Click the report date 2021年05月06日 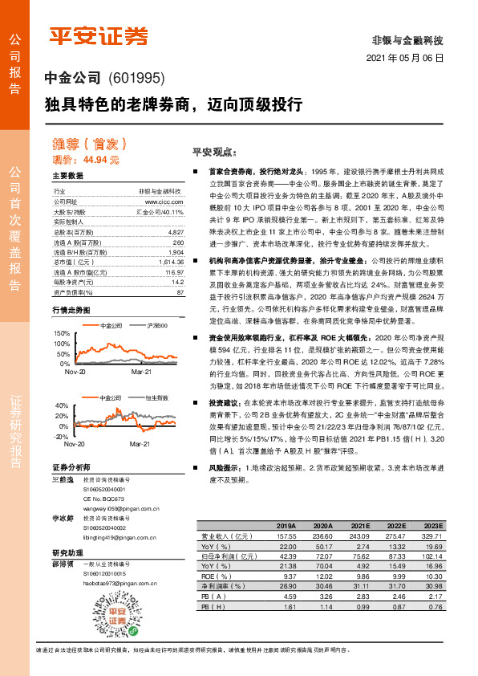pyautogui.click(x=405, y=59)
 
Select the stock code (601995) pyautogui.click(x=136, y=79)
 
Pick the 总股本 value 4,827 pyautogui.click(x=176, y=231)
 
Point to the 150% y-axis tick pyautogui.click(x=62, y=332)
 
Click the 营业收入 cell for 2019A pyautogui.click(x=286, y=535)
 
